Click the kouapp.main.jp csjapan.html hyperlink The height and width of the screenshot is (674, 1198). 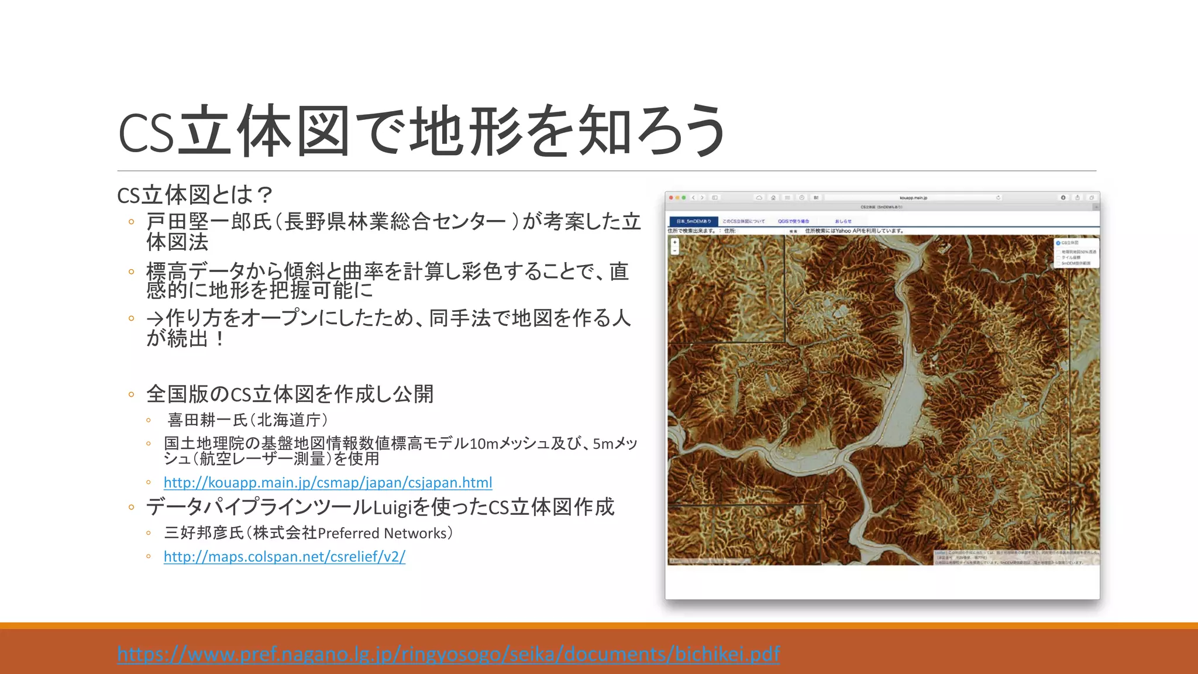pos(328,483)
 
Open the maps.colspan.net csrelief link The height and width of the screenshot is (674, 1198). pos(284,556)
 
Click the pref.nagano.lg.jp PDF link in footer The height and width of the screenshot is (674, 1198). pos(448,654)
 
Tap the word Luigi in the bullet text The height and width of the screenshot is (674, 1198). pos(393,507)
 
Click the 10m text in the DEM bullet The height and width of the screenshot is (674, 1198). pos(484,443)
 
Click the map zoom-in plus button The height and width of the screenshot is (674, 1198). pos(674,242)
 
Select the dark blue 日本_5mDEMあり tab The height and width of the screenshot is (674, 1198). pos(694,221)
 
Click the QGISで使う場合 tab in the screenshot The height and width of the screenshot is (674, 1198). pos(793,221)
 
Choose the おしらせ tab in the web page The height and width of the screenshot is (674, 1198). pos(843,221)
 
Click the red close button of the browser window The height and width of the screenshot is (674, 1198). pos(671,198)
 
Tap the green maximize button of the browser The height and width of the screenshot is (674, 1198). pos(684,198)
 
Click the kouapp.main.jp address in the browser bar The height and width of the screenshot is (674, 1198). pos(913,198)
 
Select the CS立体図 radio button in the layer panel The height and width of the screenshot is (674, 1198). pos(1058,243)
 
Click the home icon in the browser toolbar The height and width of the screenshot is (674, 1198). pos(773,198)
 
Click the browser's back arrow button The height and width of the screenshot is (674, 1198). pos(694,198)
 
